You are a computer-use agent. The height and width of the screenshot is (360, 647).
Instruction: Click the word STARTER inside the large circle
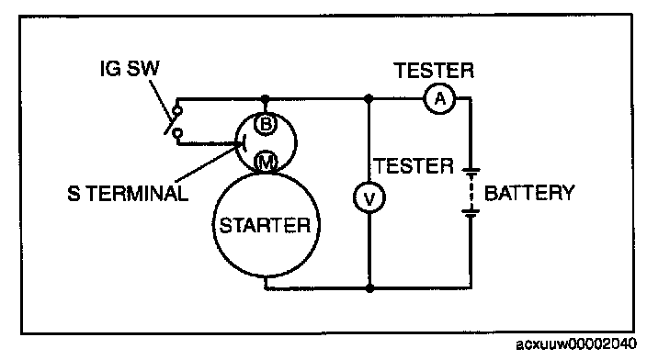coord(265,226)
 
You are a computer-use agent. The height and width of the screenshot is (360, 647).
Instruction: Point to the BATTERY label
coord(529,193)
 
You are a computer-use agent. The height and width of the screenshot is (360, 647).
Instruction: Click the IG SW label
coord(130,69)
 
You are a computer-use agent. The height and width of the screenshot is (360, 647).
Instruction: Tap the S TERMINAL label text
coord(128,194)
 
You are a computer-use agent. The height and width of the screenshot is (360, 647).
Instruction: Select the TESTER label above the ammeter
coord(434,71)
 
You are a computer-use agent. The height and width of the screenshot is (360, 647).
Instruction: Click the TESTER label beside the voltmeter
coord(414,166)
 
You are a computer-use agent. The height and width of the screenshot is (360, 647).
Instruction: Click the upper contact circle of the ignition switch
coord(177,111)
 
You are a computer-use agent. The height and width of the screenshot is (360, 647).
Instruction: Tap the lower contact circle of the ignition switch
coord(177,133)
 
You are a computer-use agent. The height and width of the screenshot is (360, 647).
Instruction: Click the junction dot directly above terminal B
coord(266,99)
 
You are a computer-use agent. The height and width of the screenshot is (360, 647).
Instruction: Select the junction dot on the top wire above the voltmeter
coord(369,99)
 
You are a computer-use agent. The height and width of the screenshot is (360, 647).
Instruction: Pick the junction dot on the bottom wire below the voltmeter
coord(369,287)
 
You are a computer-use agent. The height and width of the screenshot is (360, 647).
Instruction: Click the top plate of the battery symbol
coord(471,170)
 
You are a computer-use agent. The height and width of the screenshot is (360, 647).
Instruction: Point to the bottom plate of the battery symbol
coord(471,214)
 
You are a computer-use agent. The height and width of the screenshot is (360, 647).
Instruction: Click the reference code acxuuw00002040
coord(576,343)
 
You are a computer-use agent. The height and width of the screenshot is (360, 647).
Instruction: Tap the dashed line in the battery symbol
coord(471,192)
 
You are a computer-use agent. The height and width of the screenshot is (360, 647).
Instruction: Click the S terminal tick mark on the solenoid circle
coord(244,143)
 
